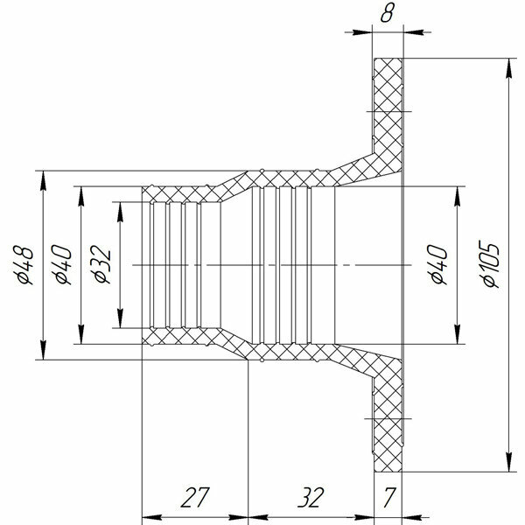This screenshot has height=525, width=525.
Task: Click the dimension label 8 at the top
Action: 387,14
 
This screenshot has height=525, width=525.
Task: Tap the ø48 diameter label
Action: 24,265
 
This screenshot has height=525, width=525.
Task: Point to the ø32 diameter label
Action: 101,264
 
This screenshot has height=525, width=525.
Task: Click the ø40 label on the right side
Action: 437,264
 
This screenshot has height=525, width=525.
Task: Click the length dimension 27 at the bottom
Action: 195,498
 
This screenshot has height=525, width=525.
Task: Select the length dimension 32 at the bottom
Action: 311,498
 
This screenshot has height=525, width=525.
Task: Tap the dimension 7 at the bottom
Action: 389,498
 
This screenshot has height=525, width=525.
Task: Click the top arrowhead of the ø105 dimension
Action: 509,68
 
